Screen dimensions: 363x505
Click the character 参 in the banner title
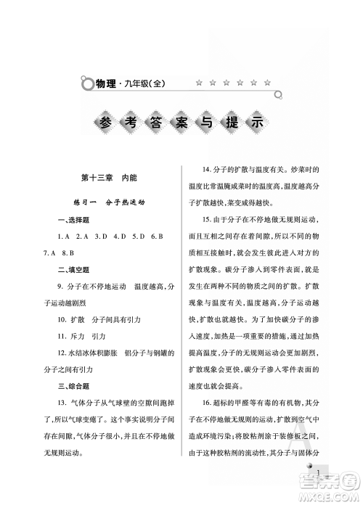(103, 120)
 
